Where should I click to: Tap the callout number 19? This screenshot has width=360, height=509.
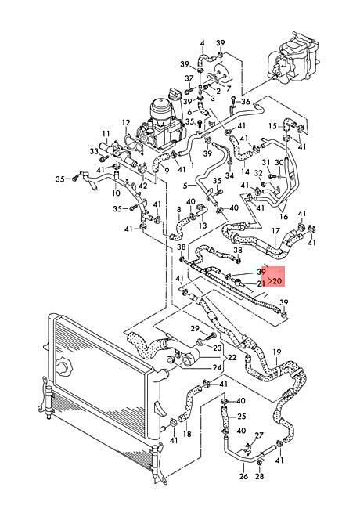click(x=276, y=352)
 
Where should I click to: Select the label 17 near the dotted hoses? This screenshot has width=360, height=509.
click(x=275, y=232)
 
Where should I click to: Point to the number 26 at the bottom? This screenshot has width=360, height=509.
click(x=243, y=476)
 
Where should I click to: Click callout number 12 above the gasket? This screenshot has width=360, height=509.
click(x=126, y=123)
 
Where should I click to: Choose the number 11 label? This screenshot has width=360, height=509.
click(x=106, y=133)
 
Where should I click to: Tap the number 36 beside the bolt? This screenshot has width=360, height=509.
click(x=246, y=102)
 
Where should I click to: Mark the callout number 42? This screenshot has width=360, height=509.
click(x=142, y=186)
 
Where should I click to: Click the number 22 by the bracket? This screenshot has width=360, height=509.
click(x=232, y=357)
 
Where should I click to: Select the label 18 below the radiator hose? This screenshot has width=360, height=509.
click(x=187, y=434)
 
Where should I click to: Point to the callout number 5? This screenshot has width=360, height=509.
click(x=185, y=186)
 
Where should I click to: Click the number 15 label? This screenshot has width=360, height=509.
click(x=273, y=126)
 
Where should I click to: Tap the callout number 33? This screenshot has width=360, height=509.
click(x=94, y=151)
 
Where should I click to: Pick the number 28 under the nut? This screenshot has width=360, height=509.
click(x=260, y=476)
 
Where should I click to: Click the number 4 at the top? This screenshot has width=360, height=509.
click(x=203, y=42)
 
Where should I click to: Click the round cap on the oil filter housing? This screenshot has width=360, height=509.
click(x=161, y=107)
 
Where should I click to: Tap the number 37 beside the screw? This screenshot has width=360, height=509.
click(x=189, y=78)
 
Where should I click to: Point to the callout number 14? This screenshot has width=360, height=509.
click(x=245, y=171)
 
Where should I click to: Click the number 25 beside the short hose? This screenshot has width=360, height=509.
click(x=242, y=416)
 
